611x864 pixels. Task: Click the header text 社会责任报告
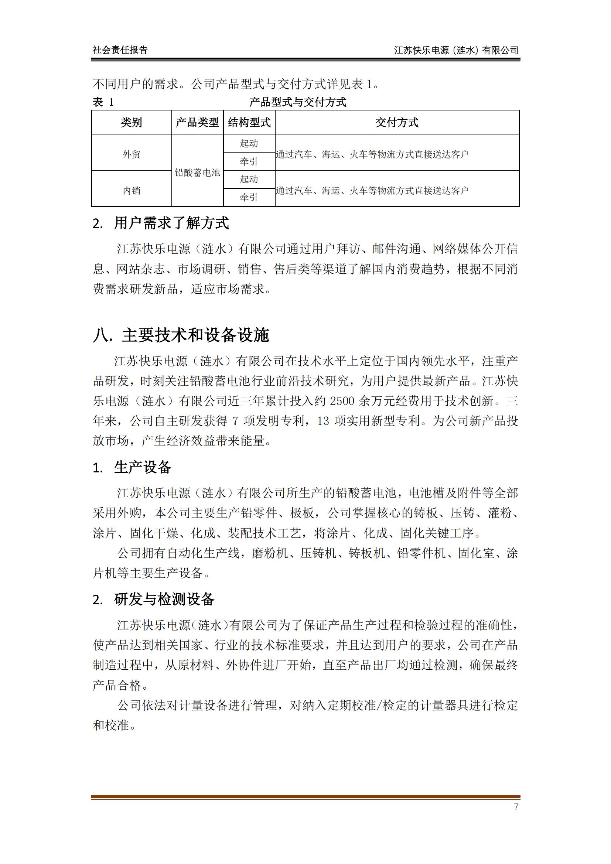pyautogui.click(x=120, y=50)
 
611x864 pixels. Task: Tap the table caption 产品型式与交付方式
pyautogui.click(x=298, y=102)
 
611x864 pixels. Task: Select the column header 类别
pyautogui.click(x=131, y=122)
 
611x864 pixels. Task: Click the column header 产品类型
pyautogui.click(x=197, y=122)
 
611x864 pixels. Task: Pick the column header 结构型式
pyautogui.click(x=249, y=122)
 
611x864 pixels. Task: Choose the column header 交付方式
pyautogui.click(x=397, y=122)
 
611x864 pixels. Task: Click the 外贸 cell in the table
pyautogui.click(x=131, y=154)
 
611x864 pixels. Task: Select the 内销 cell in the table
pyautogui.click(x=131, y=191)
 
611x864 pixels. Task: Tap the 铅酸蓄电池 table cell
pyautogui.click(x=197, y=173)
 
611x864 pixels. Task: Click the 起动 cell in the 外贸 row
pyautogui.click(x=249, y=143)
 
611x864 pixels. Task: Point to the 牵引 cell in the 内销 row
pyautogui.click(x=249, y=197)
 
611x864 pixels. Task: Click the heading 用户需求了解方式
pyautogui.click(x=171, y=223)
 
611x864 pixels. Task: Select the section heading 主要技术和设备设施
pyautogui.click(x=195, y=335)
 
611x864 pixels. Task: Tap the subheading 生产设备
pyautogui.click(x=143, y=467)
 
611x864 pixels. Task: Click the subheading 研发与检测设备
pyautogui.click(x=164, y=599)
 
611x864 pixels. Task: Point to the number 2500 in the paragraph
pyautogui.click(x=342, y=401)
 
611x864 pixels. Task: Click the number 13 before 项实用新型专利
pyautogui.click(x=323, y=421)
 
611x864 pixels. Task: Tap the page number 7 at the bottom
pyautogui.click(x=516, y=807)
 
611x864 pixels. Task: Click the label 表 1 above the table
pyautogui.click(x=103, y=102)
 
